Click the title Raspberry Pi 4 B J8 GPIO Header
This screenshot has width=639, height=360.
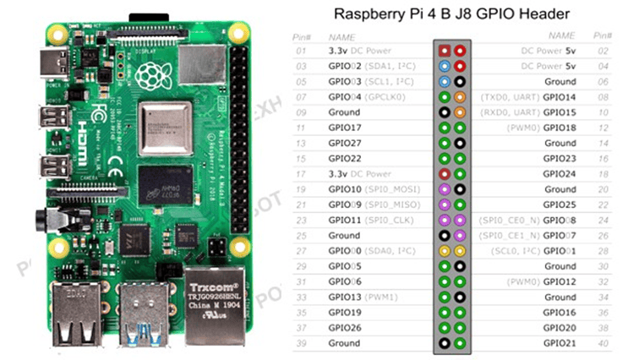point(452,14)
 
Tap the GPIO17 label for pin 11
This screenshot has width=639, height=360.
point(344,128)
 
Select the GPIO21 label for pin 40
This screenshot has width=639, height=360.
point(559,344)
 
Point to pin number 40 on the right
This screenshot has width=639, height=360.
point(603,344)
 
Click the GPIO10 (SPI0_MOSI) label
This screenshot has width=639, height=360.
point(371,189)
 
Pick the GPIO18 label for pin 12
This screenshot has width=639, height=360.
point(559,128)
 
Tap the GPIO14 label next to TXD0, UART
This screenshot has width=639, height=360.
point(559,97)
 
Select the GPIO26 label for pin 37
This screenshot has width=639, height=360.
point(344,329)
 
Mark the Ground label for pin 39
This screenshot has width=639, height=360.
point(344,344)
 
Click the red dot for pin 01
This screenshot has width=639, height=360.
point(444,51)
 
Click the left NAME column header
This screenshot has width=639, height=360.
point(341,36)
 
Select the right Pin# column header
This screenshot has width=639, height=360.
point(603,36)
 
